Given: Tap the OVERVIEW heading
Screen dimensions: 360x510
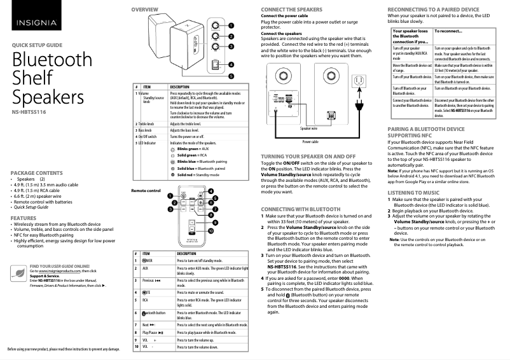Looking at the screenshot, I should [145, 10].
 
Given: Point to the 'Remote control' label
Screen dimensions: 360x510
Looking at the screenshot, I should [146, 191].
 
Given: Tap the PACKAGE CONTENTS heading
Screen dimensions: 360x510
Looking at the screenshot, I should [37, 173].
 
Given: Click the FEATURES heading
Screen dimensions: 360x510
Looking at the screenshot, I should [24, 218].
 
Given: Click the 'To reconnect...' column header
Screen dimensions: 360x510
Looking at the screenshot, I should [448, 31].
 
